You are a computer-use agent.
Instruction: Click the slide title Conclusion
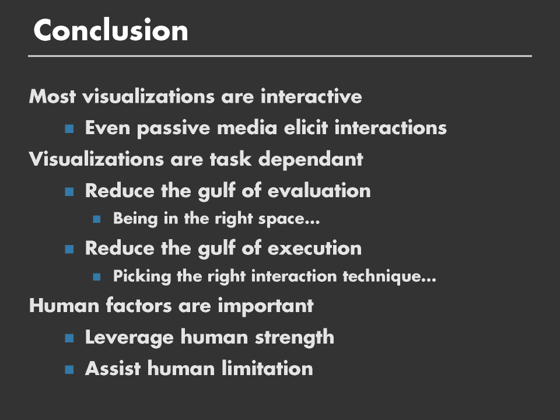111,30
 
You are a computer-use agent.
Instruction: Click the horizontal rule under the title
280,56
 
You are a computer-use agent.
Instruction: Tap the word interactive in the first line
311,96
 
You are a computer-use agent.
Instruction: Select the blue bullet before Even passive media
69,128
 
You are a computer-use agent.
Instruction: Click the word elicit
306,128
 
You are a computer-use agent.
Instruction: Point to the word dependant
310,159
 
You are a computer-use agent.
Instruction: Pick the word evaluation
319,191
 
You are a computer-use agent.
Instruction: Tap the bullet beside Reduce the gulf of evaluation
69,192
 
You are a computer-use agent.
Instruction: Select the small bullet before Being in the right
96,219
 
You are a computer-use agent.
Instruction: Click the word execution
314,249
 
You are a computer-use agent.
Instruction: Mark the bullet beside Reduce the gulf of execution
69,249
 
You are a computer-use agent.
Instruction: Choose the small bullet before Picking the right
96,276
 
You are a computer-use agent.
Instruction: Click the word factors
139,306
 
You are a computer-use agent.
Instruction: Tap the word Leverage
129,338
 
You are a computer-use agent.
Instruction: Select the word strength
295,338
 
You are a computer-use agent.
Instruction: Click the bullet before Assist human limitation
69,369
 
